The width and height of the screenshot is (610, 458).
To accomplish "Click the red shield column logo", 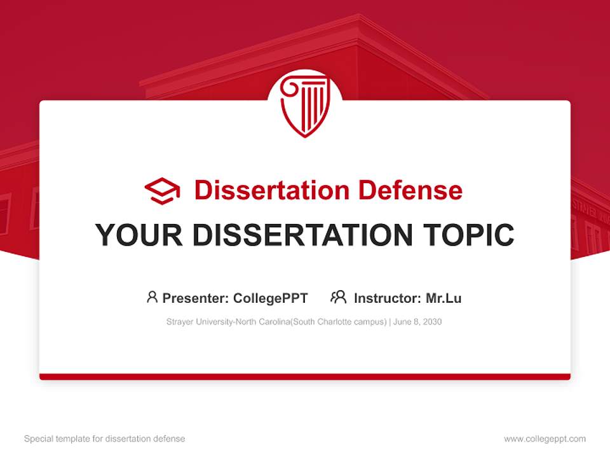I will pyautogui.click(x=304, y=106).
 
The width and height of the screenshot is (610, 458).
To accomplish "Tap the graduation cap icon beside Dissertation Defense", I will pyautogui.click(x=162, y=191).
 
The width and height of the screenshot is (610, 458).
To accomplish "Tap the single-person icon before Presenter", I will pyautogui.click(x=152, y=297).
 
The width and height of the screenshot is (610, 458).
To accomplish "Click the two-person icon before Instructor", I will pyautogui.click(x=338, y=297).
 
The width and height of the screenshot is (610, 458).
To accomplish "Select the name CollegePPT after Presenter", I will pyautogui.click(x=271, y=298).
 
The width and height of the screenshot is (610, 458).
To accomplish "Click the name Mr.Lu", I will pyautogui.click(x=444, y=298).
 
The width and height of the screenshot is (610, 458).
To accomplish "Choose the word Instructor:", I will pyautogui.click(x=387, y=298).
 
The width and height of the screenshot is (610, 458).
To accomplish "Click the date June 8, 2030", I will pyautogui.click(x=417, y=322).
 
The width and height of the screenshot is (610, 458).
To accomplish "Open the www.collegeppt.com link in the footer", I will pyautogui.click(x=545, y=439).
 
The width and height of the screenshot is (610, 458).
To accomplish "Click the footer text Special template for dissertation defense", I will pyautogui.click(x=104, y=439).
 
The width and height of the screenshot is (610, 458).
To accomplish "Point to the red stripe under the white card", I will pyautogui.click(x=304, y=377).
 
